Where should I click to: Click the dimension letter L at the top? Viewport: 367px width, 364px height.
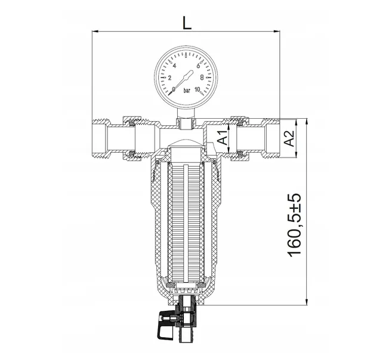pyautogui.click(x=187, y=23)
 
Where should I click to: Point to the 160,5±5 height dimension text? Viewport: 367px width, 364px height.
pyautogui.click(x=294, y=225)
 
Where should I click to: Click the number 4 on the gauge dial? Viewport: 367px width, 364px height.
pyautogui.click(x=174, y=66)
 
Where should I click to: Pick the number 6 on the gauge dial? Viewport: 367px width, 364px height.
pyautogui.click(x=198, y=66)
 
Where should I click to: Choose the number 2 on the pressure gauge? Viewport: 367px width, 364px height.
pyautogui.click(x=169, y=78)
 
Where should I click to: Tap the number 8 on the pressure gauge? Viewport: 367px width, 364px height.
pyautogui.click(x=202, y=77)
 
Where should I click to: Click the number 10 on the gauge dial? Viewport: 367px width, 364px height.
pyautogui.click(x=197, y=90)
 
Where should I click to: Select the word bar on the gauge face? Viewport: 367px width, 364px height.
pyautogui.click(x=187, y=90)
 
